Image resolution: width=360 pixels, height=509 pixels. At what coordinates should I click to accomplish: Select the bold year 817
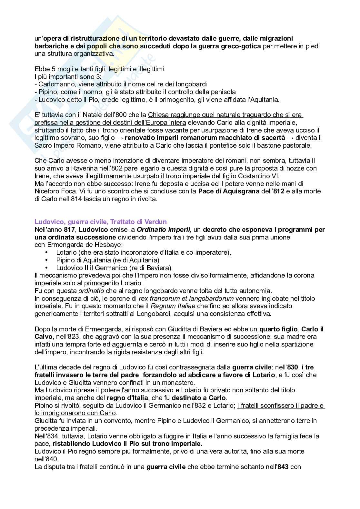click(70, 230)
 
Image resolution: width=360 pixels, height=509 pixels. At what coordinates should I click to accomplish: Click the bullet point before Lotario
click(47, 252)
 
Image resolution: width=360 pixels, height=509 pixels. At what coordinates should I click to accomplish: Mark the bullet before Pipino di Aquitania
click(47, 260)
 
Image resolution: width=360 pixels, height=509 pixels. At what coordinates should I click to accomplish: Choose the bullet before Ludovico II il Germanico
click(47, 268)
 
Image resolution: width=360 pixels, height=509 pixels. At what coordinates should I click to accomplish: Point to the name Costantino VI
click(258, 176)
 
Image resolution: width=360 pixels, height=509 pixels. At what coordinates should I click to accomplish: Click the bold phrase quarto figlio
click(278, 329)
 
